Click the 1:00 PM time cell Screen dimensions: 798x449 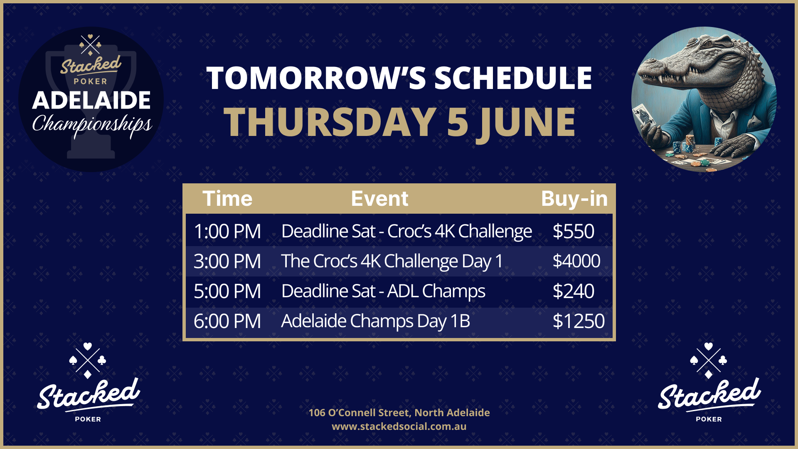pyautogui.click(x=227, y=231)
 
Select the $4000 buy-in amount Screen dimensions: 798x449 pyautogui.click(x=576, y=261)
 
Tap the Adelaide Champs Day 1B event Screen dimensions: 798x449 pyautogui.click(x=376, y=321)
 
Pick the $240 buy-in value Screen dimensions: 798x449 pyautogui.click(x=574, y=291)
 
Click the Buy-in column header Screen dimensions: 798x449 pyautogui.click(x=574, y=199)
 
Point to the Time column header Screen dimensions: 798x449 pyautogui.click(x=227, y=199)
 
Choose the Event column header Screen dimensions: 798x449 pyautogui.click(x=380, y=199)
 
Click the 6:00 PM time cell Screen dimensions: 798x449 pyautogui.click(x=227, y=321)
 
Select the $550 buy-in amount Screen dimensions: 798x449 pyautogui.click(x=574, y=231)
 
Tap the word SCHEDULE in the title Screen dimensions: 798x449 pyautogui.click(x=513, y=78)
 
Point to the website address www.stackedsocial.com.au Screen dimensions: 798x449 pyautogui.click(x=399, y=427)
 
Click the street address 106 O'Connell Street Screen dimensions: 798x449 pyautogui.click(x=360, y=412)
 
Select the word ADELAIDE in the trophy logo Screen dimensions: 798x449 pyautogui.click(x=91, y=100)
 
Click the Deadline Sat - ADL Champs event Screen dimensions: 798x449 pyautogui.click(x=383, y=291)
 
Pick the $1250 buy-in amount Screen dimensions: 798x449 pyautogui.click(x=579, y=321)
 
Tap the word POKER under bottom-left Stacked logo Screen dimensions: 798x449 pyautogui.click(x=88, y=419)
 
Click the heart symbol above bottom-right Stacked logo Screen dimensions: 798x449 pyautogui.click(x=709, y=346)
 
